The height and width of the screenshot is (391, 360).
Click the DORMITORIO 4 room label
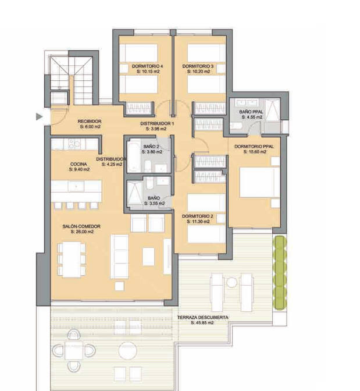(x=147, y=66)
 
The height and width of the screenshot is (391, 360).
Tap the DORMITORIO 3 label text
(x=198, y=66)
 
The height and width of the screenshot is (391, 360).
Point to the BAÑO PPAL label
(x=251, y=112)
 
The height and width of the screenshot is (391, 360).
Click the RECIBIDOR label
(x=90, y=121)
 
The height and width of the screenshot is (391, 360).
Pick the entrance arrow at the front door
(x=40, y=116)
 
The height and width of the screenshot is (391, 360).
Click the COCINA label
(x=79, y=164)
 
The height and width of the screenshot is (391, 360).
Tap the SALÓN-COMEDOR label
(x=81, y=226)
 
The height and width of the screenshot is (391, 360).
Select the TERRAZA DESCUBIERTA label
(x=203, y=318)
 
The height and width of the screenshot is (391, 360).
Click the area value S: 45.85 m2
(x=202, y=323)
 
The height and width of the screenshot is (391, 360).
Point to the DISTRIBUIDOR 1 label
(x=157, y=123)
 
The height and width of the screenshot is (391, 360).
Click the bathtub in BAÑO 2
(x=133, y=157)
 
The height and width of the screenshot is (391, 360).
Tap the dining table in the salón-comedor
(x=72, y=260)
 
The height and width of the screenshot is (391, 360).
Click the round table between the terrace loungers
(x=231, y=283)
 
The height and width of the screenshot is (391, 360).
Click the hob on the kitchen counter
(x=74, y=144)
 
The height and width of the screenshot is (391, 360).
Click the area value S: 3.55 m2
(x=154, y=203)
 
